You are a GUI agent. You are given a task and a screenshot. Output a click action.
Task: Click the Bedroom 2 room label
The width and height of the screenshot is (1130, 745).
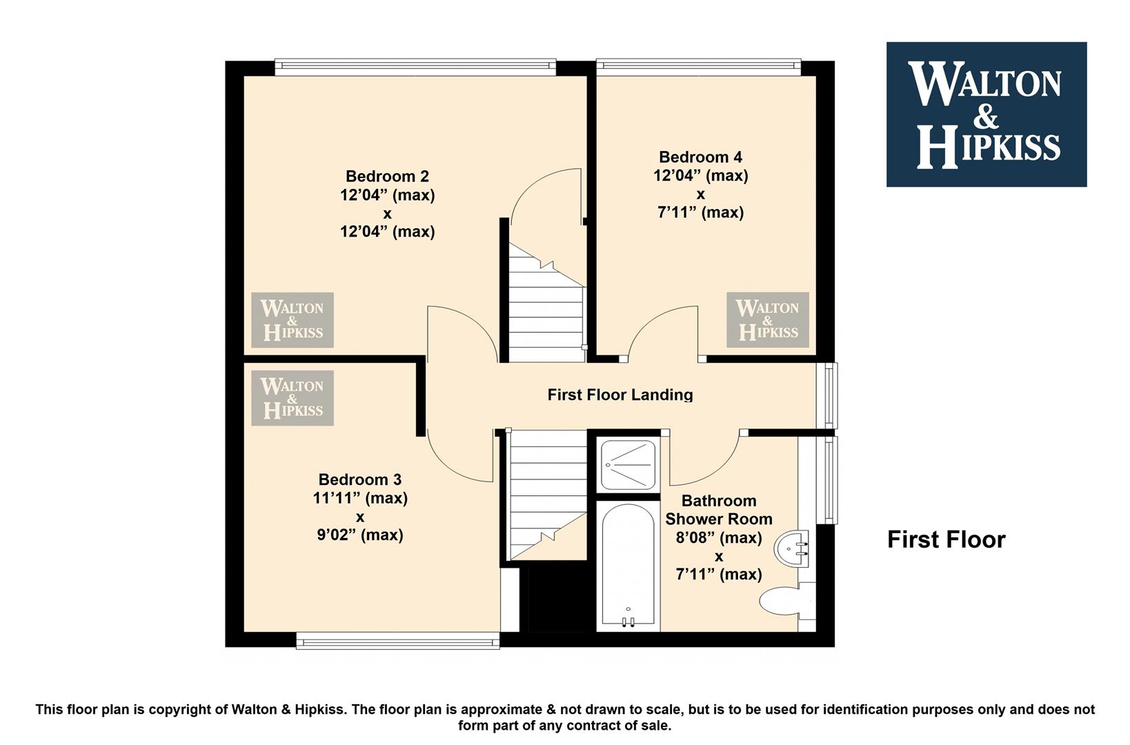click(x=387, y=176)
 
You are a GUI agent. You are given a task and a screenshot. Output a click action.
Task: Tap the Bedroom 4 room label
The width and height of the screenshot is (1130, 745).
click(x=700, y=157)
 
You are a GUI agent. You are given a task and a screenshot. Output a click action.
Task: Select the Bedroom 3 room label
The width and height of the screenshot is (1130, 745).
click(x=359, y=479)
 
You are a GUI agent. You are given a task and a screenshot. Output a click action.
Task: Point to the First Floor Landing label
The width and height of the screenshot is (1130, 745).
click(x=620, y=395)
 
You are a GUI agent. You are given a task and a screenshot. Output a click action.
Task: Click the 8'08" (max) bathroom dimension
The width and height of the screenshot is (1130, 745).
click(x=719, y=537)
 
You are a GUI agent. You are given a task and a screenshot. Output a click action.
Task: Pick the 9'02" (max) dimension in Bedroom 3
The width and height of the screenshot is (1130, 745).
click(x=359, y=534)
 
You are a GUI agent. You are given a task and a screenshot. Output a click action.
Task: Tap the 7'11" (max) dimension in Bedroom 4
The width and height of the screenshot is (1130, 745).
click(x=700, y=212)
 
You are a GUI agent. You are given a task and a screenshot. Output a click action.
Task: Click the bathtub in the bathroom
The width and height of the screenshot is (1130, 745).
click(x=628, y=566)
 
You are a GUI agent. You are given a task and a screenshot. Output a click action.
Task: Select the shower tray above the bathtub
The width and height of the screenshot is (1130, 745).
click(x=628, y=464)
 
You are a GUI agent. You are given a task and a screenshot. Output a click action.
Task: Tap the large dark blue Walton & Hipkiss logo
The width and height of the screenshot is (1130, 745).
click(x=987, y=115)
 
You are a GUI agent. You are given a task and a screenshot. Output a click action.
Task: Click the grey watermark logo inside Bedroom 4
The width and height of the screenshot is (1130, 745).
click(x=767, y=320)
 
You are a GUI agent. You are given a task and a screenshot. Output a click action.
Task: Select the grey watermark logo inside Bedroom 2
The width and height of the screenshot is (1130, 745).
click(x=293, y=320)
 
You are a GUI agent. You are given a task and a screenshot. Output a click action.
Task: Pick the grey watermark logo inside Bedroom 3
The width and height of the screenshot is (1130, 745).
click(x=293, y=398)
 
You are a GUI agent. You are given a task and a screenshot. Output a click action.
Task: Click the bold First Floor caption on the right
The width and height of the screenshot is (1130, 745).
click(x=946, y=539)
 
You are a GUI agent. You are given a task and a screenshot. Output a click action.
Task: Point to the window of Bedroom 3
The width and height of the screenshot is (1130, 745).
click(x=397, y=642)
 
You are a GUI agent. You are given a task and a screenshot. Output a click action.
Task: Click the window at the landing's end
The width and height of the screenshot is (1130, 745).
click(x=827, y=395)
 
